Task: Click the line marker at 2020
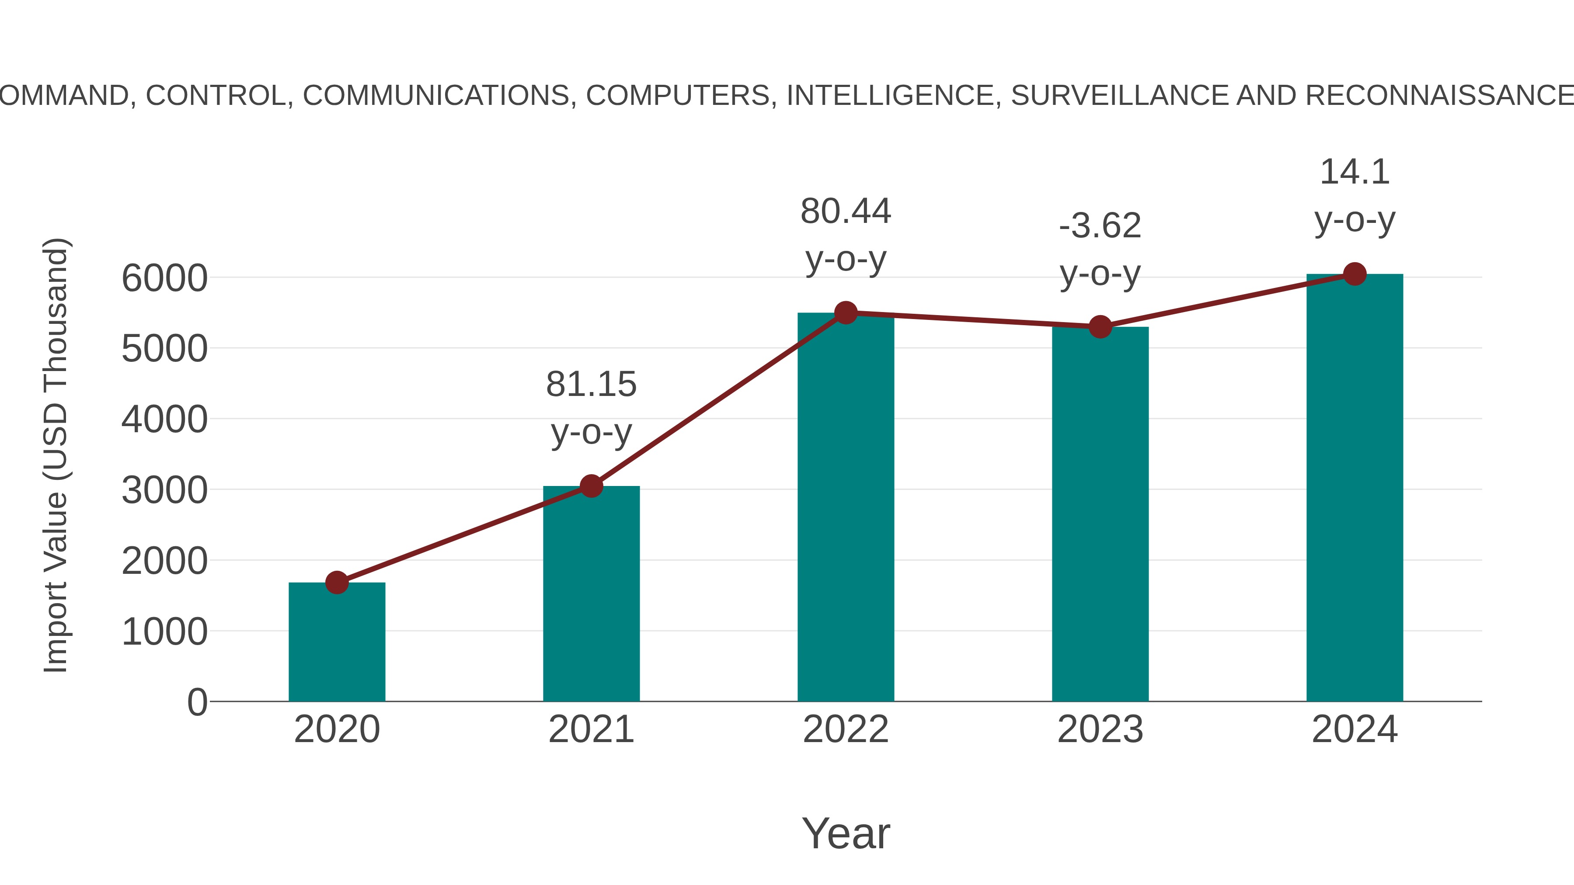pos(337,582)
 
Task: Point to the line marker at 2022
pos(846,313)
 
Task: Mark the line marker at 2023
pos(1100,327)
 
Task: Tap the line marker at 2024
pos(1355,274)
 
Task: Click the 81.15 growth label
pos(591,385)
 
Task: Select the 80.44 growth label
pos(846,212)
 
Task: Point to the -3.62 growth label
pos(1100,226)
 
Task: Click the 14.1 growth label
pos(1355,172)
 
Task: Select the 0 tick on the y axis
pos(197,702)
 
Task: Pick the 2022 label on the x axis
pos(846,729)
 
